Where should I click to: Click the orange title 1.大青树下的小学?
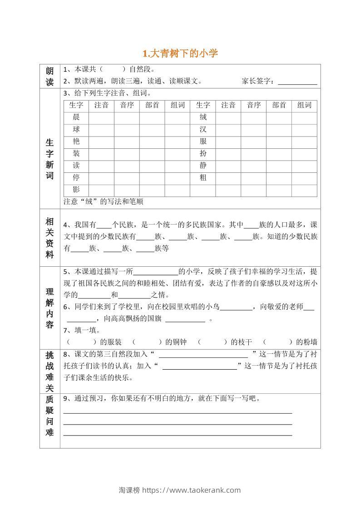click(x=180, y=54)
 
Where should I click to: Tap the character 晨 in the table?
click(x=76, y=117)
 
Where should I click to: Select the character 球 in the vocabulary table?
click(x=76, y=129)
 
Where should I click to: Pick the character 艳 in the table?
click(x=76, y=142)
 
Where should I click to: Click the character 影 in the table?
click(x=76, y=190)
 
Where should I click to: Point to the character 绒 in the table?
click(x=203, y=117)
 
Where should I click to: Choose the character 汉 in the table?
click(x=203, y=129)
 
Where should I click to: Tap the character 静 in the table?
click(x=203, y=166)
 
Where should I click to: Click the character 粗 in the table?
click(x=203, y=178)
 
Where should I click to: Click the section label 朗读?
click(x=50, y=76)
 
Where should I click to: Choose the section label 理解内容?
click(x=50, y=308)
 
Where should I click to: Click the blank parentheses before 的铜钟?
click(x=148, y=342)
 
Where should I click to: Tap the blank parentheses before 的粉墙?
click(x=278, y=342)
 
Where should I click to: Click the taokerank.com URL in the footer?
click(x=191, y=490)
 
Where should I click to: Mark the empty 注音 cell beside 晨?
click(x=101, y=117)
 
